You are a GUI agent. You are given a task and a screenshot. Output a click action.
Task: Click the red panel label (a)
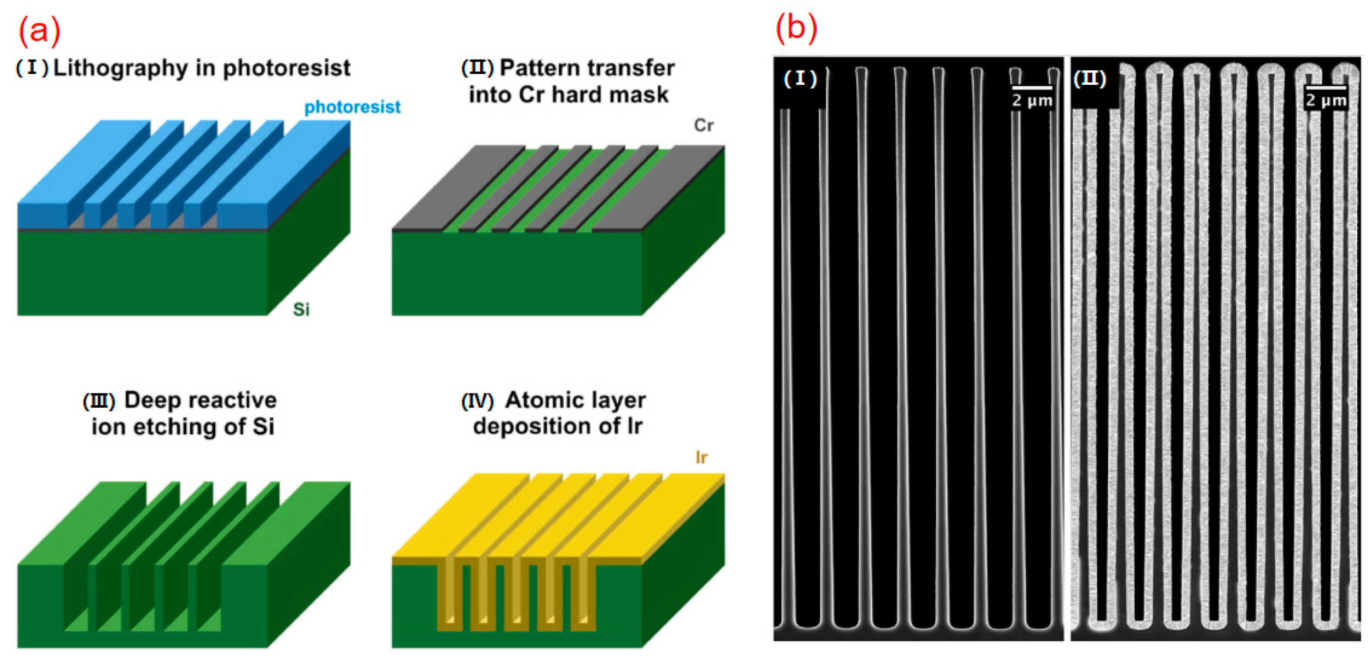38,30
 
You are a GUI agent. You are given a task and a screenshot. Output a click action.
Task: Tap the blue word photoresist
352,107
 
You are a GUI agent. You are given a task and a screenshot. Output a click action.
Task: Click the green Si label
301,309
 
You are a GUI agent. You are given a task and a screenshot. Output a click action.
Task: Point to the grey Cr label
703,126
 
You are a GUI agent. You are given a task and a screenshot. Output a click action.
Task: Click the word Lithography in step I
120,68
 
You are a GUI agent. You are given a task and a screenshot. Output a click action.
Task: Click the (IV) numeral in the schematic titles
477,401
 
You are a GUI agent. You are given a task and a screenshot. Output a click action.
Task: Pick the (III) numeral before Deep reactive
99,401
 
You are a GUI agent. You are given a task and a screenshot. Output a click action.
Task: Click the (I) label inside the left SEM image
800,79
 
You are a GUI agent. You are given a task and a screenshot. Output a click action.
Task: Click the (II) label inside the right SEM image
1090,79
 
